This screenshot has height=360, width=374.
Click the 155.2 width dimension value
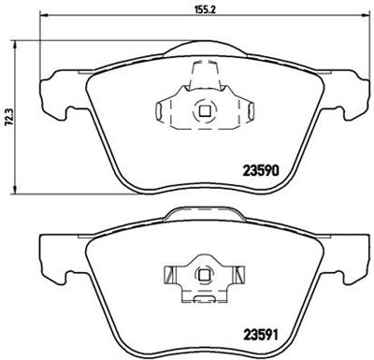point(206,9)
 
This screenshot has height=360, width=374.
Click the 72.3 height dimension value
point(8,117)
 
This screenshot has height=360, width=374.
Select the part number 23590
point(260,170)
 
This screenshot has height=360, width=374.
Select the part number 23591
point(260,335)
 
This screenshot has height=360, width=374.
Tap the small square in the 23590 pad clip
point(205,111)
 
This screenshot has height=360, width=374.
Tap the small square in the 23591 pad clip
point(205,275)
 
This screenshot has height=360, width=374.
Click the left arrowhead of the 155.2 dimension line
point(44,15)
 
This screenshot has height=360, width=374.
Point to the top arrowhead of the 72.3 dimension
point(14,44)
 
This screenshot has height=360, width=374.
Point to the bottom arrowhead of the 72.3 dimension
point(14,190)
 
